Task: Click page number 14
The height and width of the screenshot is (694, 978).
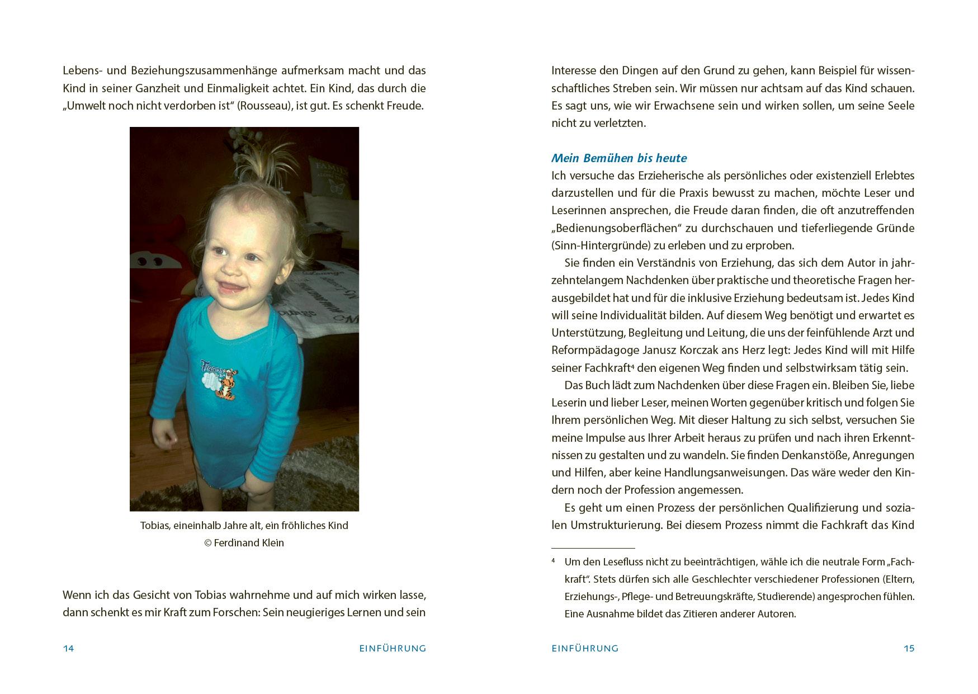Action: pos(68,649)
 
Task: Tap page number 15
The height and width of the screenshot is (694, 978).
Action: pos(909,649)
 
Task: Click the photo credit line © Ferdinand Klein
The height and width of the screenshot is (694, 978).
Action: pos(244,543)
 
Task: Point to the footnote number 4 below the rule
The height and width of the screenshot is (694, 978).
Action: pos(553,560)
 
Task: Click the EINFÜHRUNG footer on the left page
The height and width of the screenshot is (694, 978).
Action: pos(393,649)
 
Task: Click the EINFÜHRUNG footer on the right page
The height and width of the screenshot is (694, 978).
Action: pos(585,649)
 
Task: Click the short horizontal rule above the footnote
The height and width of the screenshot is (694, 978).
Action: pos(593,548)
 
